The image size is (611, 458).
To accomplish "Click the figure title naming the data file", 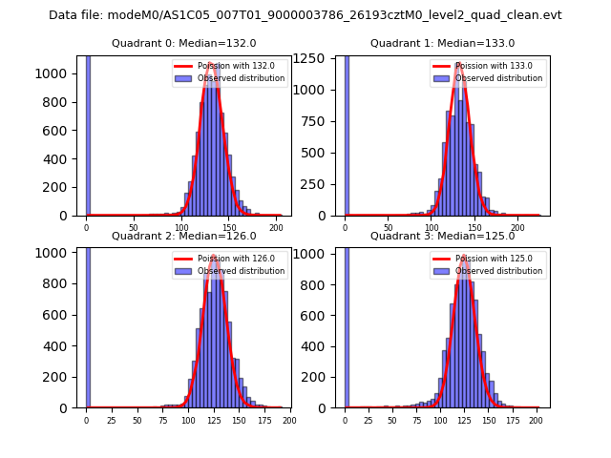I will click(x=305, y=15).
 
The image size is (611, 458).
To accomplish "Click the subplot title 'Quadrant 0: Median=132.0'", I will click(x=184, y=43).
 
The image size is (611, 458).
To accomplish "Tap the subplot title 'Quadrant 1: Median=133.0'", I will click(x=442, y=43).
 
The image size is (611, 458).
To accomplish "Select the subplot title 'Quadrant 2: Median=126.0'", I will click(x=184, y=236).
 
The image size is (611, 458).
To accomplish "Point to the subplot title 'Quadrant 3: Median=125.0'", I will click(x=442, y=236).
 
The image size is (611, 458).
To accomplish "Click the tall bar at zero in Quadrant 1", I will click(x=347, y=134).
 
